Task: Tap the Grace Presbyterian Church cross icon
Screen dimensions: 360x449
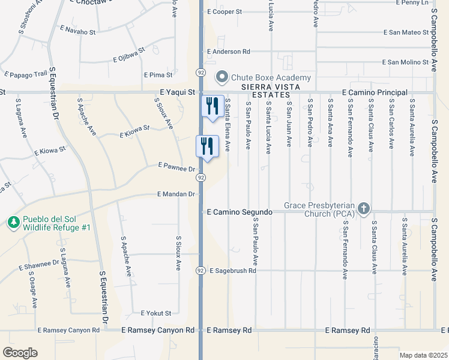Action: tap(363, 208)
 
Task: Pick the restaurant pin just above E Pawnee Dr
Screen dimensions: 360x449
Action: tap(205, 146)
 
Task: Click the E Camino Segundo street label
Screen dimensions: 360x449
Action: tap(240, 212)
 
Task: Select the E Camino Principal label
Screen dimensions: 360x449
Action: tap(375, 92)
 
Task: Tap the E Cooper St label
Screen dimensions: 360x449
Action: tap(224, 11)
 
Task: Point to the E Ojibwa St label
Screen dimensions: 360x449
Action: tap(129, 55)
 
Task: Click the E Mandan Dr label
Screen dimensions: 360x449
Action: tap(176, 194)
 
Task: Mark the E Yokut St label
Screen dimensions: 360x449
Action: tap(155, 313)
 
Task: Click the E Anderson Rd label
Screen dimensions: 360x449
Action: tap(228, 52)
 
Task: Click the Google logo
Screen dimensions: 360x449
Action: tap(20, 352)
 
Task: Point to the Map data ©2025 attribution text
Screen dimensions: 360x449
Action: tap(423, 355)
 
